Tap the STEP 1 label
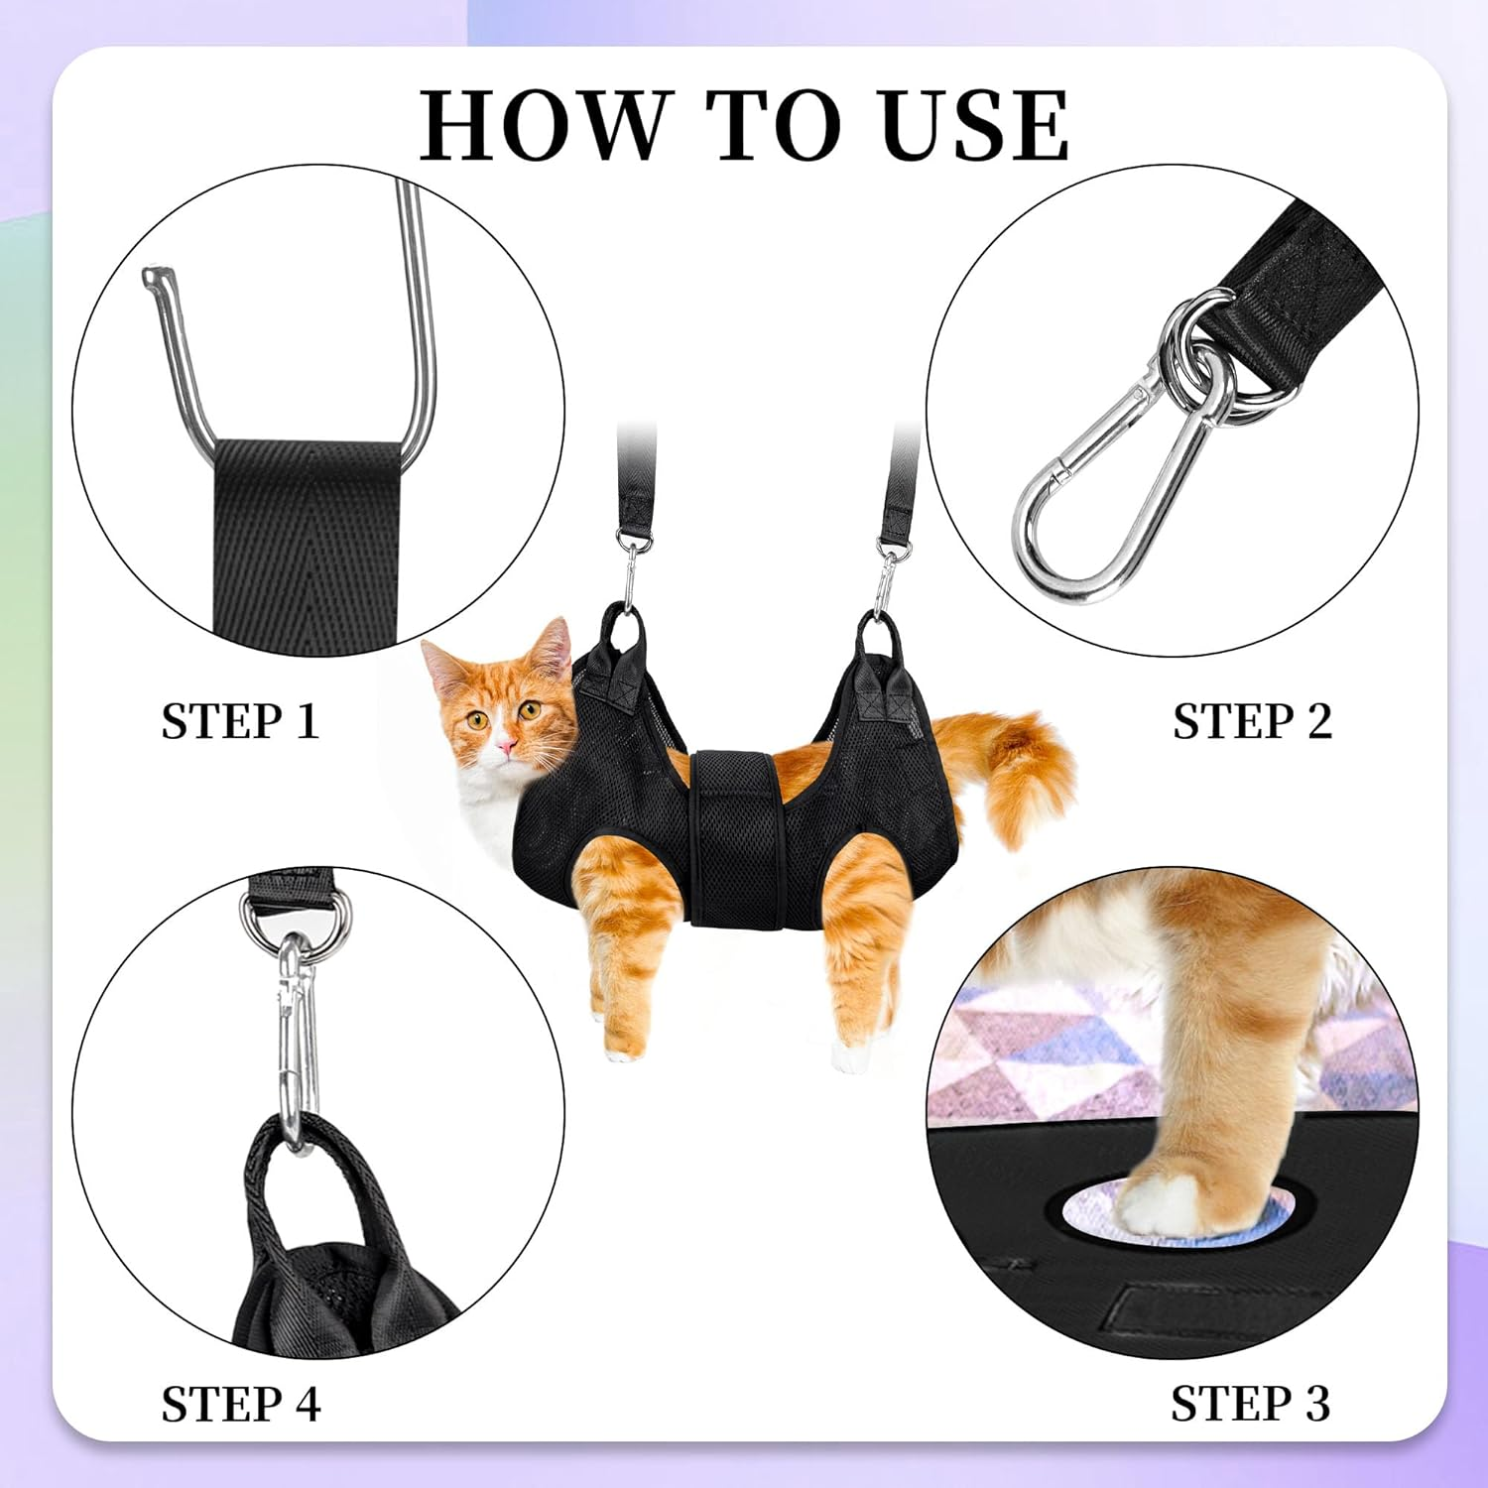click(x=240, y=721)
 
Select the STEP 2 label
click(x=1252, y=721)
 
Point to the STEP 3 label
click(x=1250, y=1404)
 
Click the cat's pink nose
click(x=507, y=744)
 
